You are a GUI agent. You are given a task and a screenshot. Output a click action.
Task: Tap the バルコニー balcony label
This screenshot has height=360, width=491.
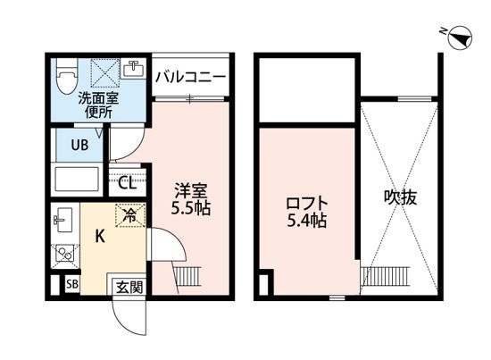192,76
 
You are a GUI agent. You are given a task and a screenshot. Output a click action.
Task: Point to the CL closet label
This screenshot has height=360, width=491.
127,184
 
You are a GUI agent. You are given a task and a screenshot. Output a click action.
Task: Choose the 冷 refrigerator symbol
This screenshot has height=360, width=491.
129,215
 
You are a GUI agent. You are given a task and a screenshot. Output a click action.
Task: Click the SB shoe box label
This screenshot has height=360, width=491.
72,285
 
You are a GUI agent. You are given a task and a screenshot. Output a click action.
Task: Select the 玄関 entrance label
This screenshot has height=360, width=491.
125,286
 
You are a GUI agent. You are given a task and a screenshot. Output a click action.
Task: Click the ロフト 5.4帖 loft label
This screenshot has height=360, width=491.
306,211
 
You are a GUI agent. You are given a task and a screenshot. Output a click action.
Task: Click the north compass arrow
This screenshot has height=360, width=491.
459,37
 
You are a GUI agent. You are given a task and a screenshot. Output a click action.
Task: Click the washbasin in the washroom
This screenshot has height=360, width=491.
135,69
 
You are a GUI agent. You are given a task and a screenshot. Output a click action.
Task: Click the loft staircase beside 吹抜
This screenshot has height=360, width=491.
399,277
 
